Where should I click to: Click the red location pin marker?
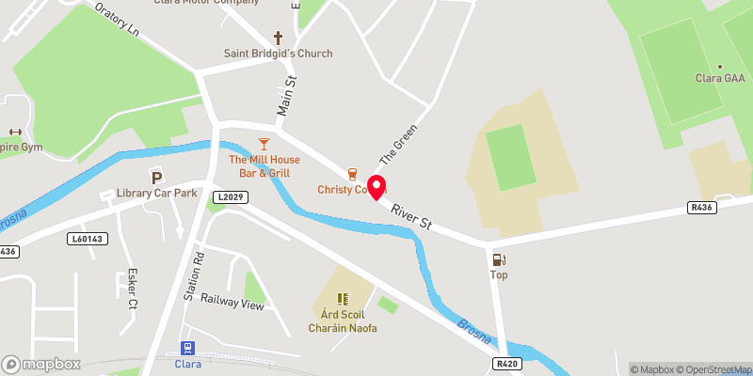pos(377,186)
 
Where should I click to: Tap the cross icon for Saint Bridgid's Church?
pos(278,39)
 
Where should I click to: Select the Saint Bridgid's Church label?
pos(278,54)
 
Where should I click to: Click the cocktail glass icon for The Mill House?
pos(264,143)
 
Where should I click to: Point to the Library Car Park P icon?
pos(156,177)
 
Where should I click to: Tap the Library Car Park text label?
pos(156,193)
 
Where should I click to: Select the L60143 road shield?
pos(88,240)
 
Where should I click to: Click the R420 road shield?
pos(506,363)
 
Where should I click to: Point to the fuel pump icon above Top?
pos(499,259)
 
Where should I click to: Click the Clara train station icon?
pos(187,348)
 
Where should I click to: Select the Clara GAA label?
pos(718,77)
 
